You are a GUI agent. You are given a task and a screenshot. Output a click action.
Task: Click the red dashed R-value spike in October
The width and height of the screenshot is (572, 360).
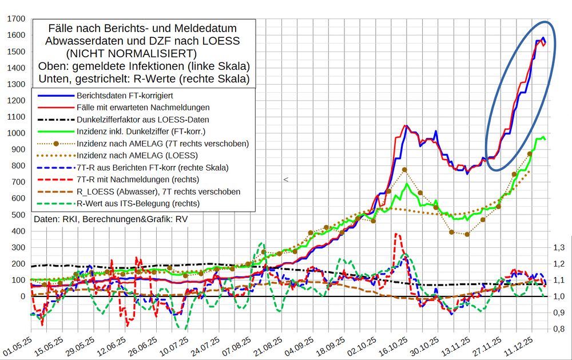point(396,235)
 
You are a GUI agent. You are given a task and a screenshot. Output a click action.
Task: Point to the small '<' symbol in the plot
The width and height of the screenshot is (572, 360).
point(285,180)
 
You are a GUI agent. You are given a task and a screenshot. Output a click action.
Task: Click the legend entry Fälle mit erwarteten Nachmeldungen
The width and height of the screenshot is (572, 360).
point(142,107)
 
